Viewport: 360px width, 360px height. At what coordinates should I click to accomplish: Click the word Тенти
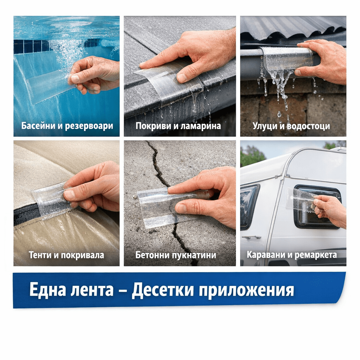[x=40, y=255]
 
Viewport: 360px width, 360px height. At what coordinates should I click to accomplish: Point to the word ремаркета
[x=316, y=255]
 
